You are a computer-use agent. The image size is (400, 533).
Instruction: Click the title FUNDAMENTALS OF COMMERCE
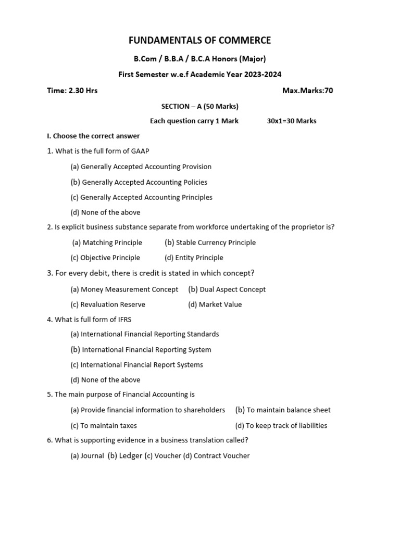(200, 41)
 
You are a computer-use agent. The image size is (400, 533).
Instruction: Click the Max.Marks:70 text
(307, 91)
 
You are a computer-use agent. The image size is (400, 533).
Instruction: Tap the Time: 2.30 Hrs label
(72, 91)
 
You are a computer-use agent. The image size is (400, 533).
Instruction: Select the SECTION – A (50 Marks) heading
(200, 106)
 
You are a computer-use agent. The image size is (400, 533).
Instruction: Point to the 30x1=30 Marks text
(291, 121)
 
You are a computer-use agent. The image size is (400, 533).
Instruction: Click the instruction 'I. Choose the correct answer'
(93, 136)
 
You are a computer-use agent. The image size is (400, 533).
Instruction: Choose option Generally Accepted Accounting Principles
(141, 197)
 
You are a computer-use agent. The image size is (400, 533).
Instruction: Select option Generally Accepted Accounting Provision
(141, 167)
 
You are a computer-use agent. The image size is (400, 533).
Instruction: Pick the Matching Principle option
(107, 243)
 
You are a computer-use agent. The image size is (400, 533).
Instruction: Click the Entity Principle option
(194, 258)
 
